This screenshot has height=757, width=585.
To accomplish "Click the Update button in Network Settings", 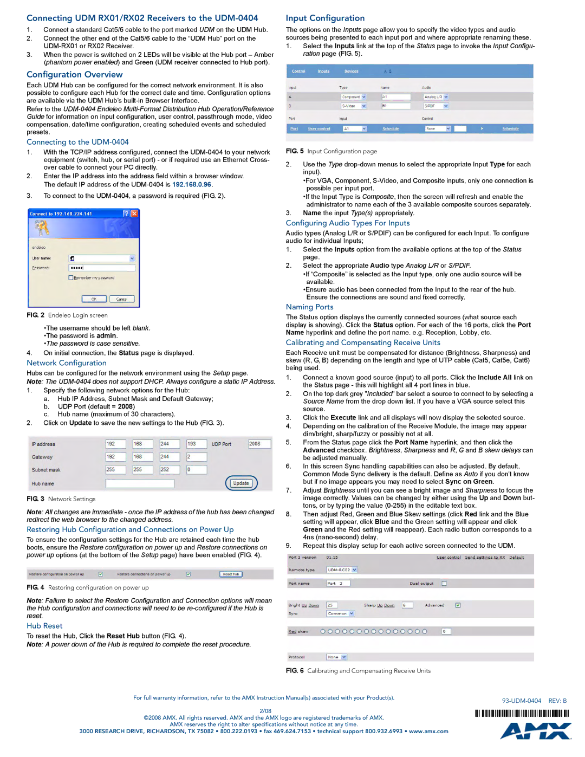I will tap(241, 483).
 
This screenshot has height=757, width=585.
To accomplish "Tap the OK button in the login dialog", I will tap(94, 299).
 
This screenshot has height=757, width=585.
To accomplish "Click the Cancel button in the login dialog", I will tap(122, 299).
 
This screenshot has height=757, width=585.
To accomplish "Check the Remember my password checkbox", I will tap(71, 278).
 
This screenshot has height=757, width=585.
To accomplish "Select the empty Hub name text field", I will tap(140, 483).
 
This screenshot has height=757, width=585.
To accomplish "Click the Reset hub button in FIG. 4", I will tap(231, 574).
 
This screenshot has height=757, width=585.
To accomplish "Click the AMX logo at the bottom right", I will tap(535, 731).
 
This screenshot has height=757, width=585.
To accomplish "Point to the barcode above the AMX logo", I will tap(522, 714).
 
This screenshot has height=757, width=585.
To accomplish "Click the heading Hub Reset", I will tap(44, 626).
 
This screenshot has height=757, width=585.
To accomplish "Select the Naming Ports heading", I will tap(309, 307).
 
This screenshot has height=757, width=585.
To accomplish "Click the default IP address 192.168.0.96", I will tap(192, 185).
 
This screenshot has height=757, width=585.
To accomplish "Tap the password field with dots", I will tap(101, 268).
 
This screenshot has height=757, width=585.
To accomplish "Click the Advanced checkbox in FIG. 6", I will tap(458, 605).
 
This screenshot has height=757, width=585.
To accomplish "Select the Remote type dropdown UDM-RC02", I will tap(342, 570).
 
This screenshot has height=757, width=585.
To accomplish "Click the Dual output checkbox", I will tap(444, 584).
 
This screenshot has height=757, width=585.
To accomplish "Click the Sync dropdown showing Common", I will tap(340, 613).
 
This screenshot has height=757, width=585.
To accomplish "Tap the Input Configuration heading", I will tap(325, 18).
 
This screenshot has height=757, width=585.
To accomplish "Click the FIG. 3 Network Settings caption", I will tap(61, 499).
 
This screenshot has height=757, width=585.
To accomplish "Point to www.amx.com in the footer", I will tap(428, 732).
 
